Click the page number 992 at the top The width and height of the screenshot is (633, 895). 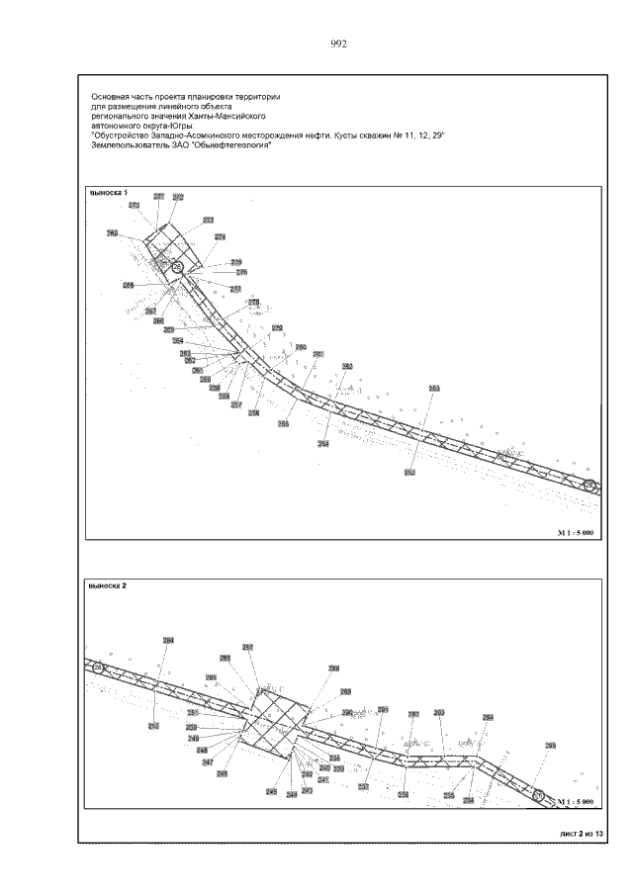click(x=338, y=44)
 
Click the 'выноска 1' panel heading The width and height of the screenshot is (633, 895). click(x=109, y=193)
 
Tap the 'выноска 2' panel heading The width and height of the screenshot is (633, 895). click(x=108, y=585)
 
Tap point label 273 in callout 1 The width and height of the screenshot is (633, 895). click(x=209, y=220)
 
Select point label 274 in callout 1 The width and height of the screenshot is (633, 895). click(x=220, y=236)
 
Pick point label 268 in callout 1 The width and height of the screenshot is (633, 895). click(x=129, y=285)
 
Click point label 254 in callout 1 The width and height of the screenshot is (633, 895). click(x=322, y=444)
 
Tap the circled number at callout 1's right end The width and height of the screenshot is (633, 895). click(x=588, y=485)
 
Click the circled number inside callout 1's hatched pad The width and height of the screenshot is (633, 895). click(x=178, y=267)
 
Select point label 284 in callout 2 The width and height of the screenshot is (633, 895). click(x=168, y=641)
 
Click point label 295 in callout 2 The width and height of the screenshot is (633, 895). click(x=551, y=746)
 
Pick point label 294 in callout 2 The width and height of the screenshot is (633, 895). click(x=488, y=717)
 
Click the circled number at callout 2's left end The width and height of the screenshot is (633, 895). click(x=98, y=669)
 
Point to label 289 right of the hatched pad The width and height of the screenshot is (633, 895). click(x=346, y=691)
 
